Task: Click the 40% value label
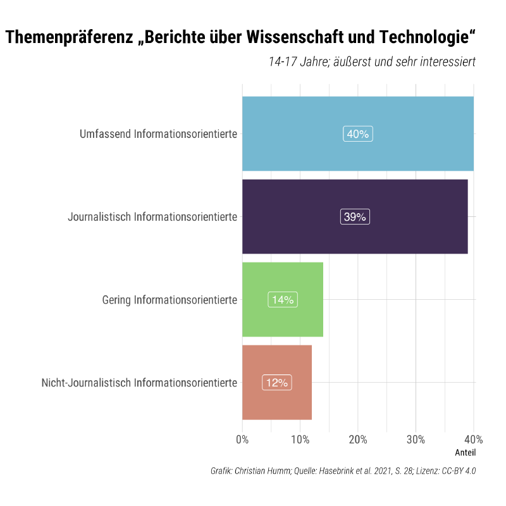(x=358, y=134)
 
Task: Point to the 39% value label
(x=355, y=217)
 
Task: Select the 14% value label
(x=283, y=300)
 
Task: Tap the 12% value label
(x=276, y=383)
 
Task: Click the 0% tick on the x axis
(x=242, y=440)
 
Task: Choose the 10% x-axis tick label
(x=300, y=440)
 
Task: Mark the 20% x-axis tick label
(x=358, y=440)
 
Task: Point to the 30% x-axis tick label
(x=416, y=440)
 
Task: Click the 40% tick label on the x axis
(x=473, y=440)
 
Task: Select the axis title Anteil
(x=465, y=453)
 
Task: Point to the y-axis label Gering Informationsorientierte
(x=170, y=300)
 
